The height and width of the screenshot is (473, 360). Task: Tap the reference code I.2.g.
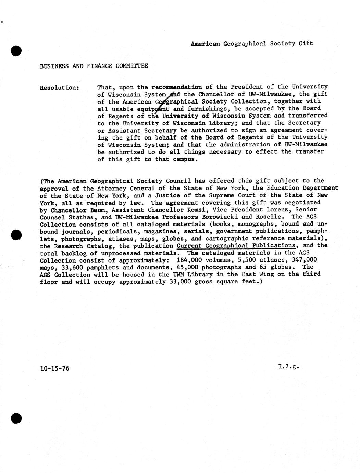tap(288, 366)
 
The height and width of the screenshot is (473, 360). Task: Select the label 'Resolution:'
tap(60, 88)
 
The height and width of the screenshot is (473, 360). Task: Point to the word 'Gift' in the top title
tap(306, 43)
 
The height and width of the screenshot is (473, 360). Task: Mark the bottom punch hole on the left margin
tap(16, 419)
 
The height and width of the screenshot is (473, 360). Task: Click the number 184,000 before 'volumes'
tap(187, 260)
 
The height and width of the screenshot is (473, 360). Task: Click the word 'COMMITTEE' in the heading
tap(132, 66)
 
